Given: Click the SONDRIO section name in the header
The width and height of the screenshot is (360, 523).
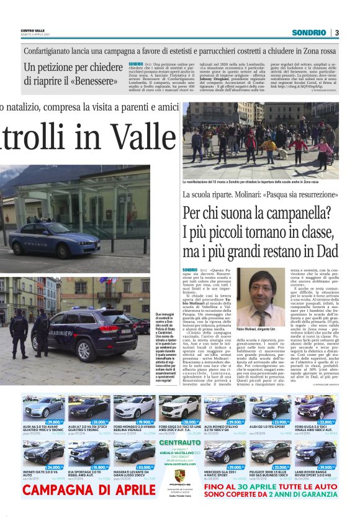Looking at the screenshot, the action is click(310, 32).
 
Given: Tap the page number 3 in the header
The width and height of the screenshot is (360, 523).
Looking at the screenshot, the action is click(336, 32).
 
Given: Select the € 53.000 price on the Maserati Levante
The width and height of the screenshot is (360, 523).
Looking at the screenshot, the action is click(144, 466).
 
